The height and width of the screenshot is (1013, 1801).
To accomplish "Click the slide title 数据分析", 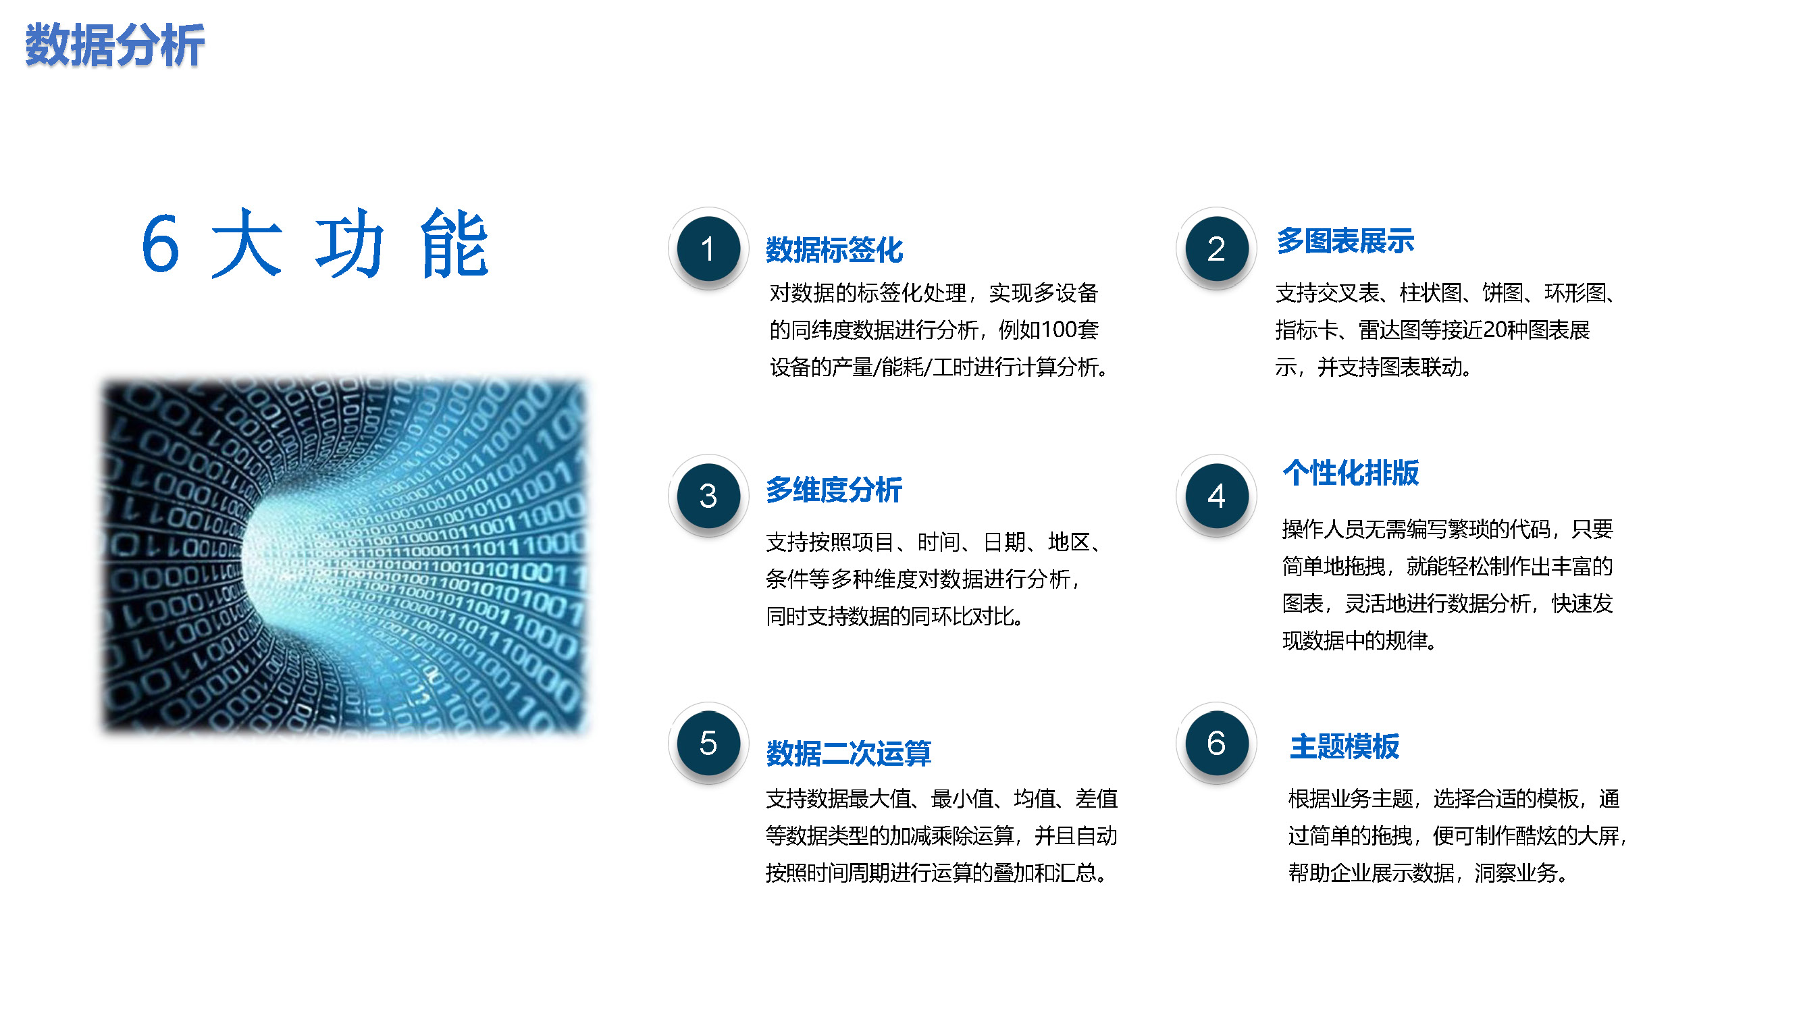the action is [115, 45].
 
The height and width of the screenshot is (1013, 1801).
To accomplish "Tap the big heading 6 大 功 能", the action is [315, 243].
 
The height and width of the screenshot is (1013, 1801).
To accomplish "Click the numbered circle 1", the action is [708, 249].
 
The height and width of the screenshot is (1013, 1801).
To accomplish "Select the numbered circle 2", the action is [1216, 249].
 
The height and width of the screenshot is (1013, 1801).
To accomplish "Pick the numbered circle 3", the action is [708, 496].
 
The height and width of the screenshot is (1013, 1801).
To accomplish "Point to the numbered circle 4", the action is [1216, 496].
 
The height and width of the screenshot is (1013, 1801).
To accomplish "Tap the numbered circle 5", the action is [708, 743].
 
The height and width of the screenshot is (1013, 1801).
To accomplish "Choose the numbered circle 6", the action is [1216, 743].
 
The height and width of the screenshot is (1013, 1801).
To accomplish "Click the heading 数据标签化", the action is [834, 250].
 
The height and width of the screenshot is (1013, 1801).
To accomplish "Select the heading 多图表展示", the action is [1345, 240].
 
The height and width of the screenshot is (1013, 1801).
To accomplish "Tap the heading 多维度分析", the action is [834, 490].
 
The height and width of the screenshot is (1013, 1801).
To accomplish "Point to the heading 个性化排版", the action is [1351, 473].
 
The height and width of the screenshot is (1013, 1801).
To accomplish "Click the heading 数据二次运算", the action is [849, 753].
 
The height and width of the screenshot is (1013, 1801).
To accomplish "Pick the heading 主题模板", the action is [1345, 746].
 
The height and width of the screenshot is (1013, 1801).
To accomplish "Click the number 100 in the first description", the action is [1060, 330].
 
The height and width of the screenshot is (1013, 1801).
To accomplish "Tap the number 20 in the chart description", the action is [1496, 330].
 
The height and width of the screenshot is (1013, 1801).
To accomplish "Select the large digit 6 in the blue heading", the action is [160, 243].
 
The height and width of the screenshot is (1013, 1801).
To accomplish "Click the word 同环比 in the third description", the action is [942, 616].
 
